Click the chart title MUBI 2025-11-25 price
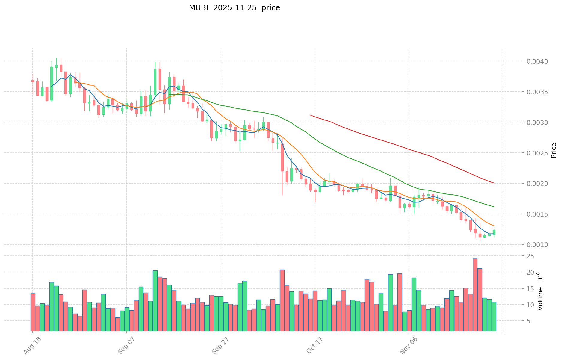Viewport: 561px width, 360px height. (x=234, y=8)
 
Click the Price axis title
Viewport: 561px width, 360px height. (x=554, y=150)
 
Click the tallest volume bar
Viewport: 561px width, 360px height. (x=475, y=294)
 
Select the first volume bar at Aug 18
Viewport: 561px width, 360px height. (x=33, y=312)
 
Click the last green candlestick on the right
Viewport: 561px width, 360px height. (x=494, y=232)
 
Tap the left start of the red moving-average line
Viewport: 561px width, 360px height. (x=310, y=115)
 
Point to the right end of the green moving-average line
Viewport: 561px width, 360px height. (x=494, y=207)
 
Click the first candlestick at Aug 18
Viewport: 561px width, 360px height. (x=33, y=81)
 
